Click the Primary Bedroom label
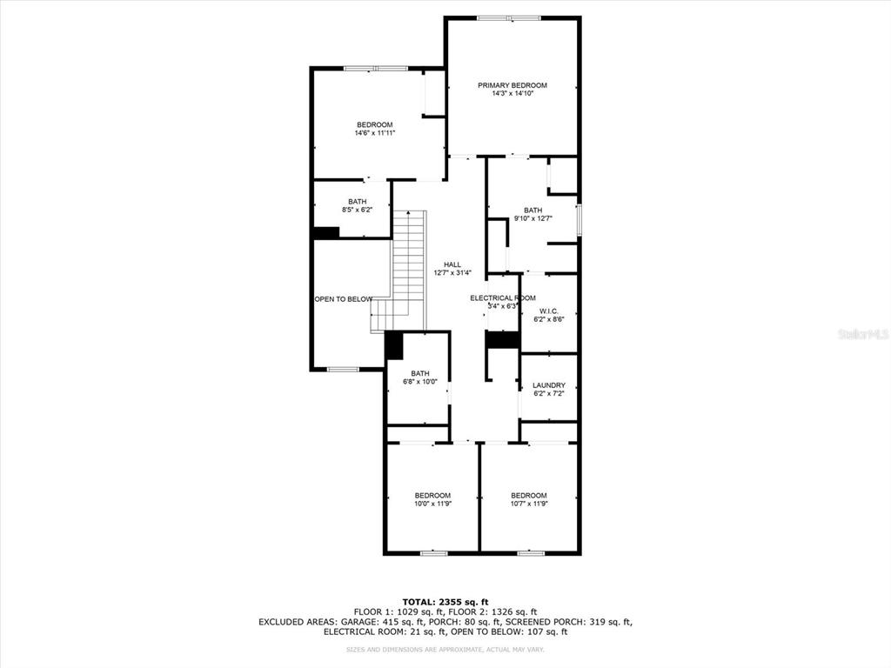point(512,85)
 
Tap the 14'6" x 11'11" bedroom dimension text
point(374,134)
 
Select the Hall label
point(452,265)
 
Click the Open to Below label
point(343,299)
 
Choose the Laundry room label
point(548,385)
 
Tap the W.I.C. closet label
point(548,311)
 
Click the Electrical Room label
point(502,298)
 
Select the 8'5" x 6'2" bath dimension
point(357,210)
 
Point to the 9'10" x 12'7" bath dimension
point(533,219)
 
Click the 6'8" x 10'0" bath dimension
point(419,382)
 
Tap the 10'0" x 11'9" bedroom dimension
point(432,504)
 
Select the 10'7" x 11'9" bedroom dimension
point(528,504)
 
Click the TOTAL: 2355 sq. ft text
point(445,602)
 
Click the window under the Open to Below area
point(343,370)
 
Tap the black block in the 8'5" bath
point(325,233)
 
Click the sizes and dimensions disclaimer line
point(445,650)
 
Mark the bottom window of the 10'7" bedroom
point(530,552)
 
